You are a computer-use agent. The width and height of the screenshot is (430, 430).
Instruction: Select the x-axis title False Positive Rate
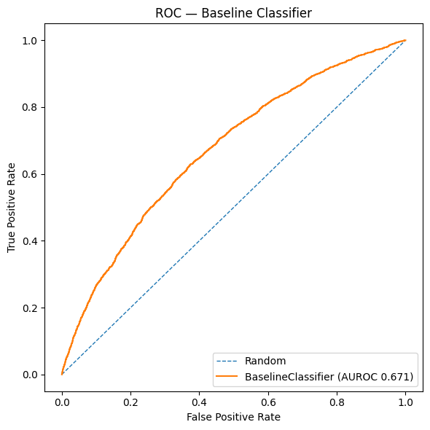click(233, 417)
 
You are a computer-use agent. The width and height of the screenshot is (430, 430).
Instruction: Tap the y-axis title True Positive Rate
click(12, 207)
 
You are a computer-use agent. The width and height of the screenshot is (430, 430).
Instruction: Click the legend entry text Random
click(265, 361)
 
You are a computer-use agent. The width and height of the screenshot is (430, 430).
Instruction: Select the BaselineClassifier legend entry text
click(329, 376)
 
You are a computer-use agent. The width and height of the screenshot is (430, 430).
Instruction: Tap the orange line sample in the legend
click(228, 376)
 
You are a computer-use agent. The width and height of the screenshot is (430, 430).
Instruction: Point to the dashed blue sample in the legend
click(228, 361)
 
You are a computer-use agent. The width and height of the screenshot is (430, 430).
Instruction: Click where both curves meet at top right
click(405, 40)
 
